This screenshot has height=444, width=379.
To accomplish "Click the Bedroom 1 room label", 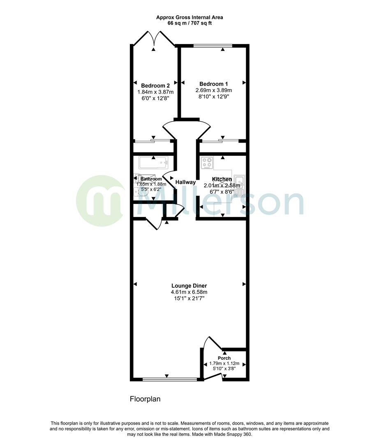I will pyautogui.click(x=213, y=84).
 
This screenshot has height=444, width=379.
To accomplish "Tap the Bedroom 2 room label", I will pyautogui.click(x=155, y=86).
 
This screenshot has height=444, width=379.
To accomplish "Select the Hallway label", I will pyautogui.click(x=186, y=182).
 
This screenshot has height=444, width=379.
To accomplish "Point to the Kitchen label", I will pyautogui.click(x=222, y=179).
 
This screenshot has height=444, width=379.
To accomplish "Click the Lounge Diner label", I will pyautogui.click(x=189, y=286).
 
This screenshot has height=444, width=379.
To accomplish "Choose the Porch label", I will pyautogui.click(x=224, y=358).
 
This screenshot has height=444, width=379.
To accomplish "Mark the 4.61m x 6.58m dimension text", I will pyautogui.click(x=189, y=292).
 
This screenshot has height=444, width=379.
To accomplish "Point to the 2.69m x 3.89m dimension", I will pyautogui.click(x=213, y=90).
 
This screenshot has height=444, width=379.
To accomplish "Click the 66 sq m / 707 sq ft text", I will pyautogui.click(x=189, y=23).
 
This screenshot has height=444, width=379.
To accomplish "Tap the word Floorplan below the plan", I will pyautogui.click(x=145, y=399).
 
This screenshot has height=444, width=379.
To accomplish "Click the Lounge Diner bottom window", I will pyautogui.click(x=166, y=379).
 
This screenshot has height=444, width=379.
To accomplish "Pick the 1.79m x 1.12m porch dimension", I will pyautogui.click(x=224, y=363).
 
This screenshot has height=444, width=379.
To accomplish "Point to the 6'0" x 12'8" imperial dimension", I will pyautogui.click(x=155, y=99).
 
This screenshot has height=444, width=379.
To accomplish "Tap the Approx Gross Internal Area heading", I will pyautogui.click(x=189, y=17).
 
